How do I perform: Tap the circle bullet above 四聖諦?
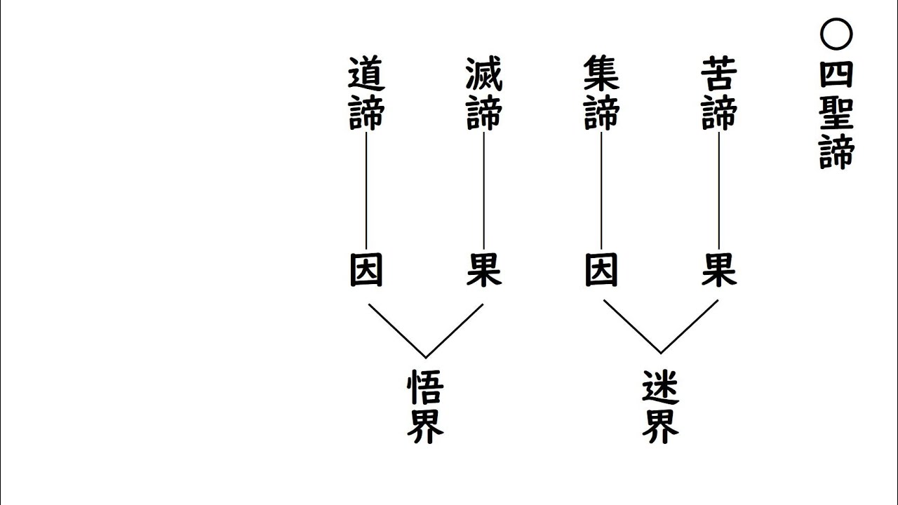click(836, 34)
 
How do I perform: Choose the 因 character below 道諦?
click(366, 270)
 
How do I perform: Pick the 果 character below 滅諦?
click(484, 270)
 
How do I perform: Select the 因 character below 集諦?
click(601, 270)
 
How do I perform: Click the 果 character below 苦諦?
click(719, 270)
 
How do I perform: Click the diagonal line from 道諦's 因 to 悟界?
click(396, 330)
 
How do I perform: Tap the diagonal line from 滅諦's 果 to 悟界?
click(455, 330)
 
